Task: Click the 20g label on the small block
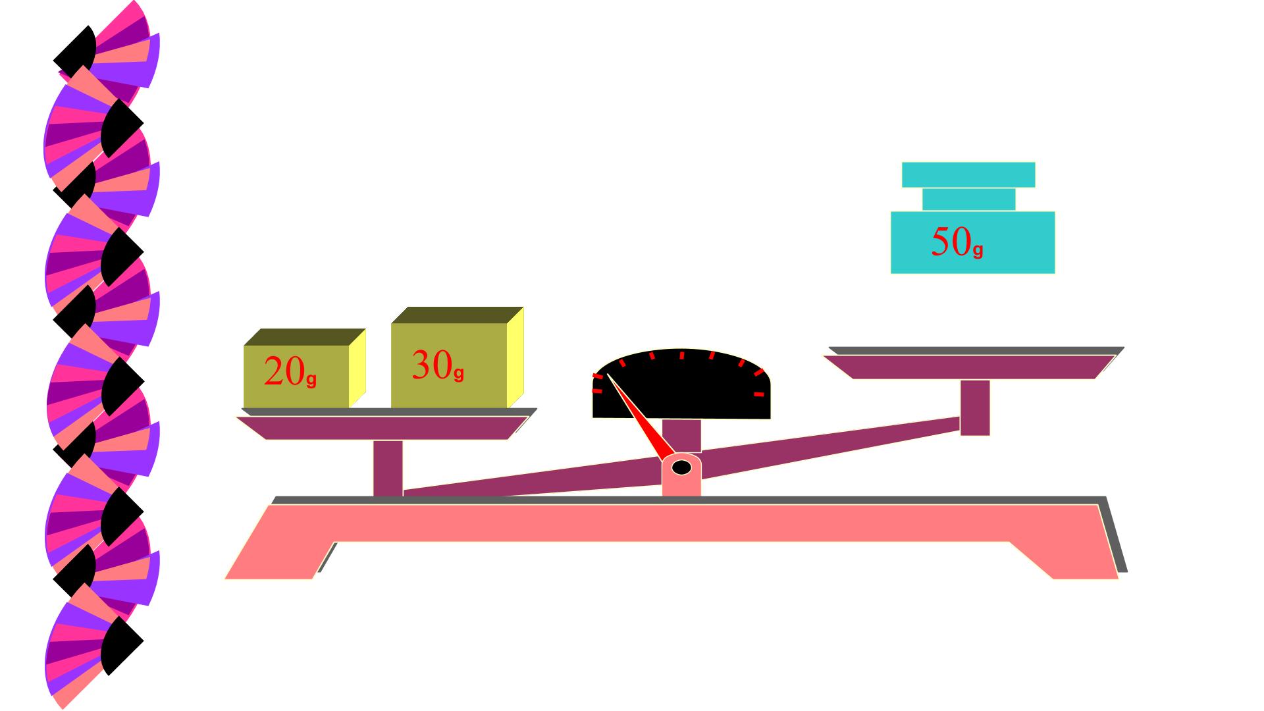click(x=290, y=372)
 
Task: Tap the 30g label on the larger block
click(x=438, y=365)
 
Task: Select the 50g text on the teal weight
click(x=957, y=242)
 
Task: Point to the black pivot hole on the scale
click(x=681, y=467)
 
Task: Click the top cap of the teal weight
click(x=968, y=174)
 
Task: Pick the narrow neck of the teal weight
click(x=968, y=199)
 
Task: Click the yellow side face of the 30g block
click(x=515, y=357)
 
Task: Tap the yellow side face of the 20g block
click(x=357, y=368)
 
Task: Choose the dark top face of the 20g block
click(x=305, y=336)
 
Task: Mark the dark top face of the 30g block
click(x=458, y=315)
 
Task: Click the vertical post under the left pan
click(x=388, y=468)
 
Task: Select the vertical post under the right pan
click(x=975, y=408)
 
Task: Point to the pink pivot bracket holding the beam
click(x=681, y=474)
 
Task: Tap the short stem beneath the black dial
click(x=681, y=434)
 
